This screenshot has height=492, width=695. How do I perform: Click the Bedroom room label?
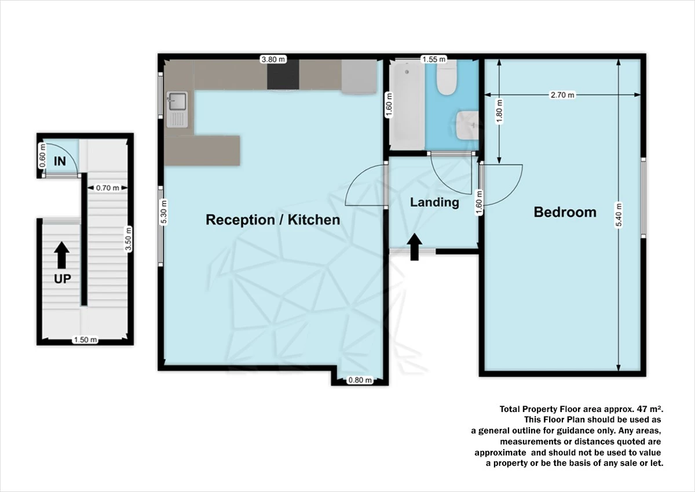(565, 212)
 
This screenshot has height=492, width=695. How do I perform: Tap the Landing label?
(434, 202)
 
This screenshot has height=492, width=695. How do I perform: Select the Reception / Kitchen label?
(273, 220)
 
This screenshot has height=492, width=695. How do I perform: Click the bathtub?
(407, 104)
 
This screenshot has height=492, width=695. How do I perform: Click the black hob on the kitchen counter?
(283, 75)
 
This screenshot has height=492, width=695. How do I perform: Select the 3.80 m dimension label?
(273, 59)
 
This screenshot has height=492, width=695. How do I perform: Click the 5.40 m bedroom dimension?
(619, 215)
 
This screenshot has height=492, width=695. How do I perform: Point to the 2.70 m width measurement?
(562, 95)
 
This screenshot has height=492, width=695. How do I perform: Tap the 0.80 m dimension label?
(359, 381)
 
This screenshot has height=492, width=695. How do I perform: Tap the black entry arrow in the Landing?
(415, 247)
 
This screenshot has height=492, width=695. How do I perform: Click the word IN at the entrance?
(60, 161)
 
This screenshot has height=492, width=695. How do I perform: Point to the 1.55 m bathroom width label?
(434, 59)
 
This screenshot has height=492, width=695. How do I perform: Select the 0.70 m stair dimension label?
(107, 187)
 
